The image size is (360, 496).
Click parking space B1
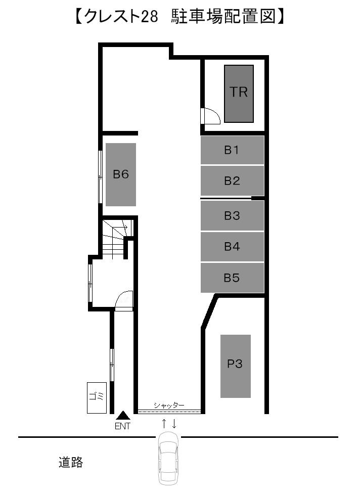click(x=232, y=150)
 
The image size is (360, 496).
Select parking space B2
click(x=232, y=181)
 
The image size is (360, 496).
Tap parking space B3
click(x=232, y=215)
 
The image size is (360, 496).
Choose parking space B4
click(x=232, y=246)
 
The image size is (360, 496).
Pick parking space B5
click(x=232, y=278)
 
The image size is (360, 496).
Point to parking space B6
click(x=121, y=174)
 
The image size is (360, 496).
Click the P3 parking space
click(x=235, y=366)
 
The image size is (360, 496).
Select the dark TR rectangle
click(x=239, y=94)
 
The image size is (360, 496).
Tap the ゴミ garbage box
click(x=97, y=397)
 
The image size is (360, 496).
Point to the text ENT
click(x=122, y=426)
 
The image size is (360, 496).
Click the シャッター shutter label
click(x=169, y=405)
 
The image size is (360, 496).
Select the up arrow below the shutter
click(x=164, y=424)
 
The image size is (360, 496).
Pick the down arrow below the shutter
click(x=174, y=424)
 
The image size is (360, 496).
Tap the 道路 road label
click(x=71, y=462)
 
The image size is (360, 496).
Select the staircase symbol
click(x=117, y=239)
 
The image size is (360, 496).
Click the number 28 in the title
click(x=149, y=17)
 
